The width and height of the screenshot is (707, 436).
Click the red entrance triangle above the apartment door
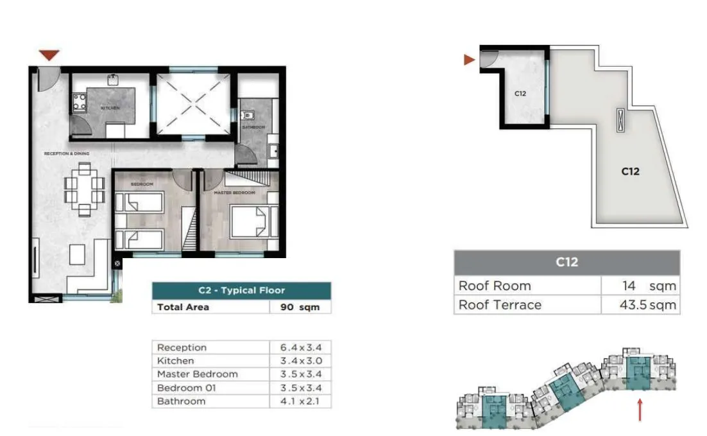coord(49,55)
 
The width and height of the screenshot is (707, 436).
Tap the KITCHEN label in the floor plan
coord(110,108)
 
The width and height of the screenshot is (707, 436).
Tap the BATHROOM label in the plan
coord(253,127)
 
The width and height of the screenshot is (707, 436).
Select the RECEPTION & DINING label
coord(66,154)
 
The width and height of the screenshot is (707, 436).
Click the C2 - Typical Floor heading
coord(241,290)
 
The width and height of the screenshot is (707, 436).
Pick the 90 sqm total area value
coord(300,307)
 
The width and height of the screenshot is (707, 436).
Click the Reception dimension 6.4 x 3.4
coord(300,347)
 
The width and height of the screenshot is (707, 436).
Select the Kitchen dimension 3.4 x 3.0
coord(300,361)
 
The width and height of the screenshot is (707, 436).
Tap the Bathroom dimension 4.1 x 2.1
coord(300,401)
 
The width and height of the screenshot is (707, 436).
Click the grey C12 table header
coord(566,262)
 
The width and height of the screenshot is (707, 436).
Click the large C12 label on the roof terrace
coord(630,171)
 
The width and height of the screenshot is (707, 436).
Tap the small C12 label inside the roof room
coord(520,94)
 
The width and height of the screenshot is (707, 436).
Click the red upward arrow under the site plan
coord(640,410)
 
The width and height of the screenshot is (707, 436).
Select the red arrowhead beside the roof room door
coord(469,60)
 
